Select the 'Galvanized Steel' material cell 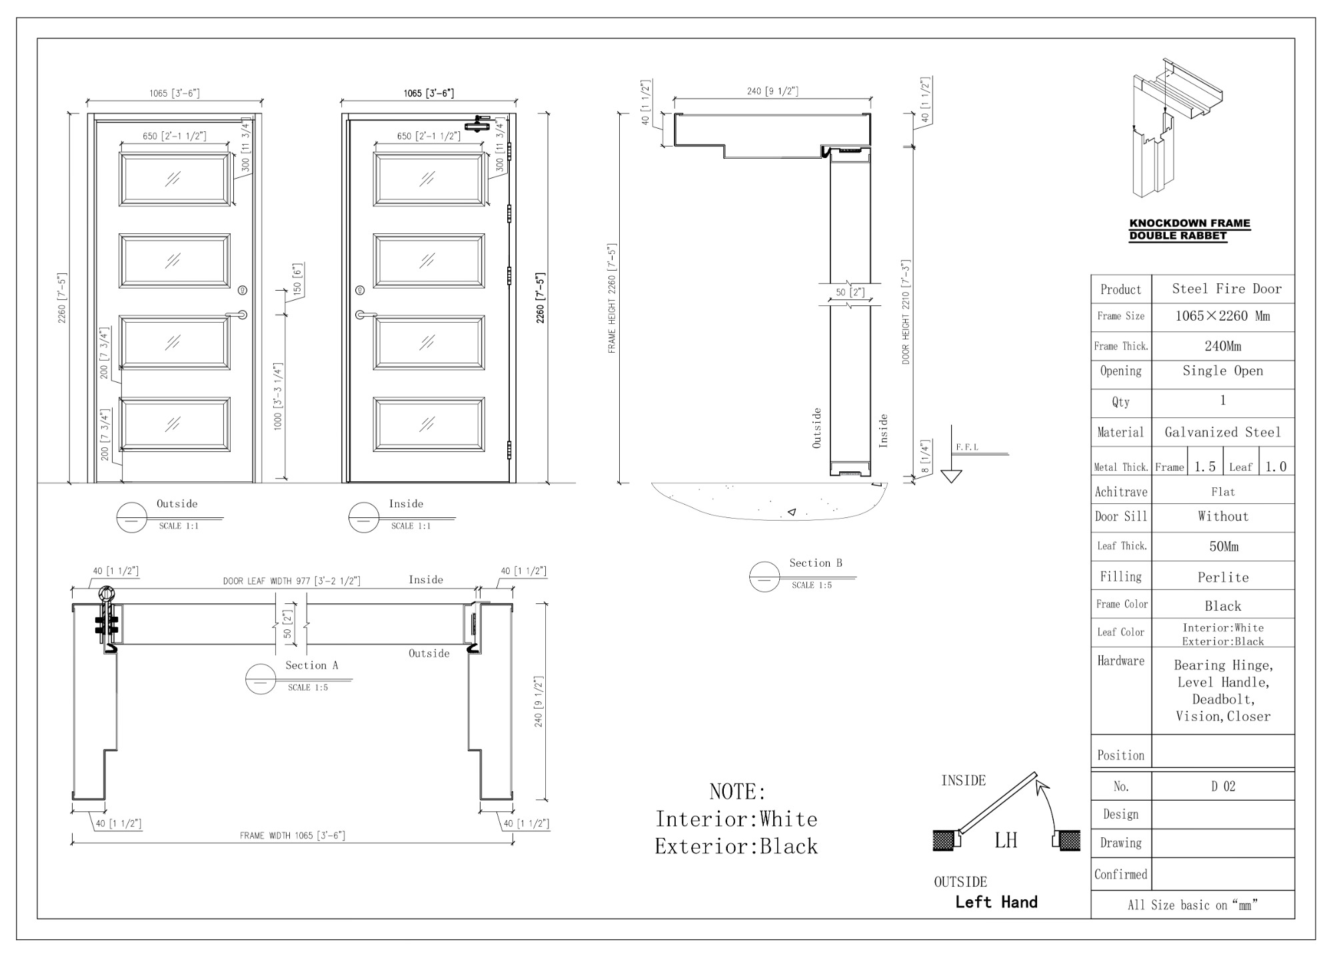(x=1222, y=432)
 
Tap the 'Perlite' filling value (x=1223, y=577)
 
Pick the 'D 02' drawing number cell (x=1223, y=787)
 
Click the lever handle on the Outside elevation (x=237, y=314)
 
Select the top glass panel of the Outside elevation (x=175, y=179)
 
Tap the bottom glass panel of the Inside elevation (x=429, y=424)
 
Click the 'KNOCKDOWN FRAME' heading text (x=1190, y=223)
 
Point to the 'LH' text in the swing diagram (x=1006, y=840)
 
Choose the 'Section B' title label (x=816, y=563)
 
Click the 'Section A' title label (x=312, y=665)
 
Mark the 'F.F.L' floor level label (x=967, y=447)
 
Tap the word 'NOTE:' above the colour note (x=738, y=792)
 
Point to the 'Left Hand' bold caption (x=996, y=902)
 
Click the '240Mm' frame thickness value (x=1223, y=346)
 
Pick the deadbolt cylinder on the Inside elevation (x=361, y=291)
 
